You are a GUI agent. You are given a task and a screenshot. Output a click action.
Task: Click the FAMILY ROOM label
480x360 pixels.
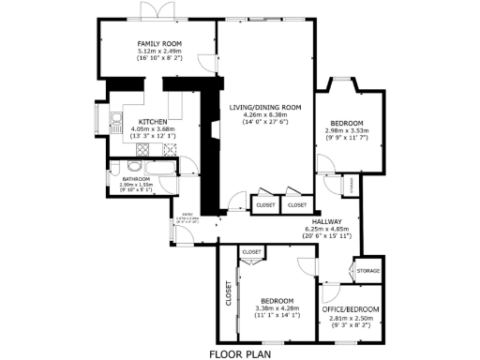[158, 44]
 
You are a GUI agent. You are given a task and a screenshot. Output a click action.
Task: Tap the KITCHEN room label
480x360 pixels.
[153, 122]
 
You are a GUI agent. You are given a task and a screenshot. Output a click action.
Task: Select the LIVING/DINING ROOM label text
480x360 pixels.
[264, 108]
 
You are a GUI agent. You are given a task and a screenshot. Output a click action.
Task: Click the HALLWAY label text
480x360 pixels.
[327, 220]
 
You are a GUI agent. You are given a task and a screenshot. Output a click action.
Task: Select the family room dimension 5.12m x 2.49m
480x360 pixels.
[158, 52]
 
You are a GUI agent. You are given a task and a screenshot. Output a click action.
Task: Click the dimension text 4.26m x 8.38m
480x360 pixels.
[264, 115]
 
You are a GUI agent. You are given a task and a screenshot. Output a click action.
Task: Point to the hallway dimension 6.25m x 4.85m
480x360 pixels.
[327, 228]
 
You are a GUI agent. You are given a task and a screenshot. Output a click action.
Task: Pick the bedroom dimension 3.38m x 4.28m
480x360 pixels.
[277, 307]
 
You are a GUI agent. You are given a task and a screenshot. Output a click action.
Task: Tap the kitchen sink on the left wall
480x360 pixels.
[115, 120]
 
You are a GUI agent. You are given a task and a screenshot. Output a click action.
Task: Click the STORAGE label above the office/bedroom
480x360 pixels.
[367, 271]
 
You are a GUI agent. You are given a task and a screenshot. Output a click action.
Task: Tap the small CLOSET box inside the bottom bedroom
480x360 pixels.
[251, 252]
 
